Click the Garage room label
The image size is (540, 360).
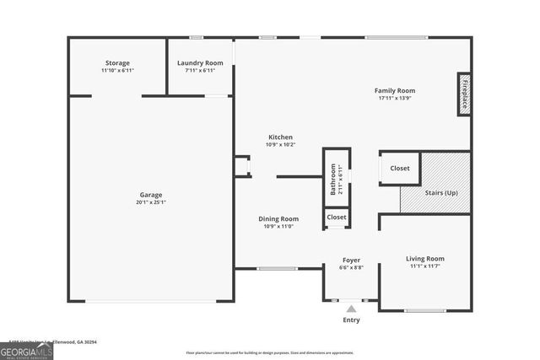pyautogui.click(x=151, y=195)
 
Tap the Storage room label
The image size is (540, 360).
pyautogui.click(x=117, y=63)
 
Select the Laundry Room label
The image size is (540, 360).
pyautogui.click(x=200, y=63)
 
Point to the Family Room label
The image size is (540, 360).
pyautogui.click(x=395, y=91)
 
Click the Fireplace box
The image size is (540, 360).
pyautogui.click(x=463, y=94)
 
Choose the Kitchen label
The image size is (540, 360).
pyautogui.click(x=280, y=137)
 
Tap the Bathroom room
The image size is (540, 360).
pyautogui.click(x=336, y=177)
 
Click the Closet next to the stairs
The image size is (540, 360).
pyautogui.click(x=400, y=169)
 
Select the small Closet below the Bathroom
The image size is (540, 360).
pyautogui.click(x=337, y=218)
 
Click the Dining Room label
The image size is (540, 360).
pyautogui.click(x=278, y=219)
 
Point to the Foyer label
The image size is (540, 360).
pyautogui.click(x=352, y=260)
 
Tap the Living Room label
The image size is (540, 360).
pyautogui.click(x=425, y=259)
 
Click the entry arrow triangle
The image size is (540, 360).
pyautogui.click(x=351, y=309)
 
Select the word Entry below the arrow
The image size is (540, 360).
pyautogui.click(x=351, y=320)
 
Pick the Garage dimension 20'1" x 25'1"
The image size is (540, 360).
pyautogui.click(x=151, y=202)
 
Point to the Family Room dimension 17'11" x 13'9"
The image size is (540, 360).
pyautogui.click(x=395, y=99)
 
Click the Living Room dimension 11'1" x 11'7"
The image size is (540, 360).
pyautogui.click(x=425, y=266)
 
